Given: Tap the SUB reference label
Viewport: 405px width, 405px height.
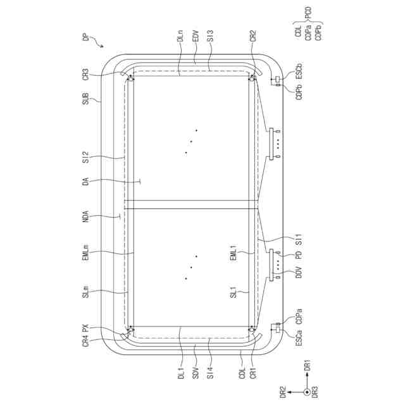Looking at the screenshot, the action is click(x=86, y=99).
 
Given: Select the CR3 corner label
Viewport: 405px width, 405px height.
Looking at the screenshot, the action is click(x=86, y=75).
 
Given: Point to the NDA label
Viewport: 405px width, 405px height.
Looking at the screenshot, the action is click(x=86, y=216).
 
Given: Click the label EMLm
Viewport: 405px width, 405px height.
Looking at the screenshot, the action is click(x=86, y=252).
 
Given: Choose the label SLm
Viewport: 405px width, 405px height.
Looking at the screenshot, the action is click(x=86, y=291).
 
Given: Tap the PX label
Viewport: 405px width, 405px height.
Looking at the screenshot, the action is click(x=86, y=328).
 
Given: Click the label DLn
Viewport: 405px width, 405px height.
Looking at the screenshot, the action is click(x=180, y=36).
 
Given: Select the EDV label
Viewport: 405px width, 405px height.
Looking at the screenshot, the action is click(x=196, y=36).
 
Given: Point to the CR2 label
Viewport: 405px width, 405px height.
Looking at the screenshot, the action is click(x=253, y=36).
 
